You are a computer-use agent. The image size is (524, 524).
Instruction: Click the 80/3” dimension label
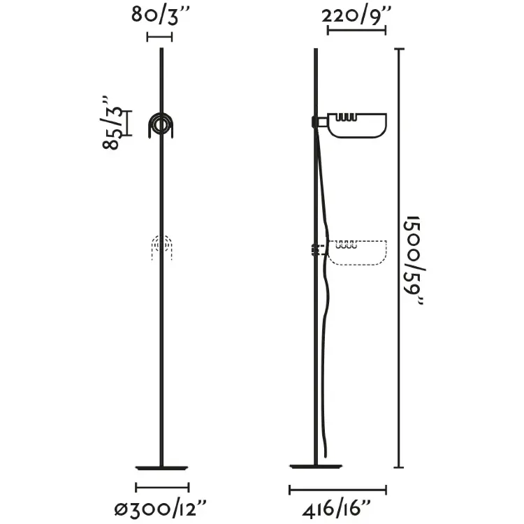tap(160, 15)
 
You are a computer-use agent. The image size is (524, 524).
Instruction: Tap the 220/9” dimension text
tap(356, 15)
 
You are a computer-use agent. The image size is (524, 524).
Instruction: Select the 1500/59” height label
tap(413, 260)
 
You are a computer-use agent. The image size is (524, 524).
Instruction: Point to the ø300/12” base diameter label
tap(161, 509)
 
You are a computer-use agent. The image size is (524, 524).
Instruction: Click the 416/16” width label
tap(336, 509)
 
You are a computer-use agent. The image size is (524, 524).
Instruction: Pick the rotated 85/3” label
tap(110, 123)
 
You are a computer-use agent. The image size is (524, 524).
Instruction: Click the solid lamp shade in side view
tap(357, 126)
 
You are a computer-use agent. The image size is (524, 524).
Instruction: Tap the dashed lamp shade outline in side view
tap(357, 253)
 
